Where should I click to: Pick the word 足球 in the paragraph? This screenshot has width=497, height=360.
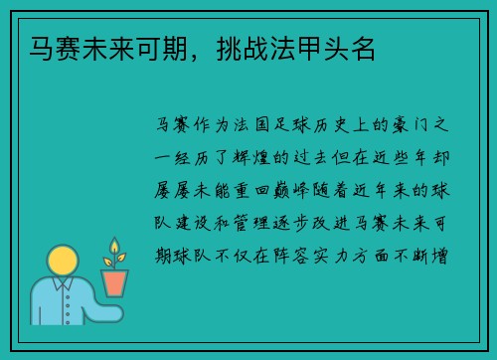point(295,126)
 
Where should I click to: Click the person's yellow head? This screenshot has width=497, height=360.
point(62,261)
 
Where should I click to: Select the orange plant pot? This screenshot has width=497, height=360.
point(115,281)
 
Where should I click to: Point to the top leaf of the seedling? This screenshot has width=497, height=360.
point(115,246)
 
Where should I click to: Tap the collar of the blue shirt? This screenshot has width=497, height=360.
point(63,285)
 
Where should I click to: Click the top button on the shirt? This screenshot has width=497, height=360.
point(63,298)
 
